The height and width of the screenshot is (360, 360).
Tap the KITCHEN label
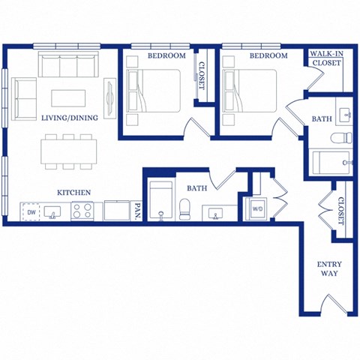[74, 193]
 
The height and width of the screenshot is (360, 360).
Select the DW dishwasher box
[31, 213]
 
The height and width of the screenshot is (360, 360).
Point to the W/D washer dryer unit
[257, 209]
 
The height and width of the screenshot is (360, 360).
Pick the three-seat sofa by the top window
[70, 66]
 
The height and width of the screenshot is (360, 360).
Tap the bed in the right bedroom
[250, 91]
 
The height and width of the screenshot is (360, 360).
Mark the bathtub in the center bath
[160, 202]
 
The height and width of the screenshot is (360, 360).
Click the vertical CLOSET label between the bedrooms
[201, 75]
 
